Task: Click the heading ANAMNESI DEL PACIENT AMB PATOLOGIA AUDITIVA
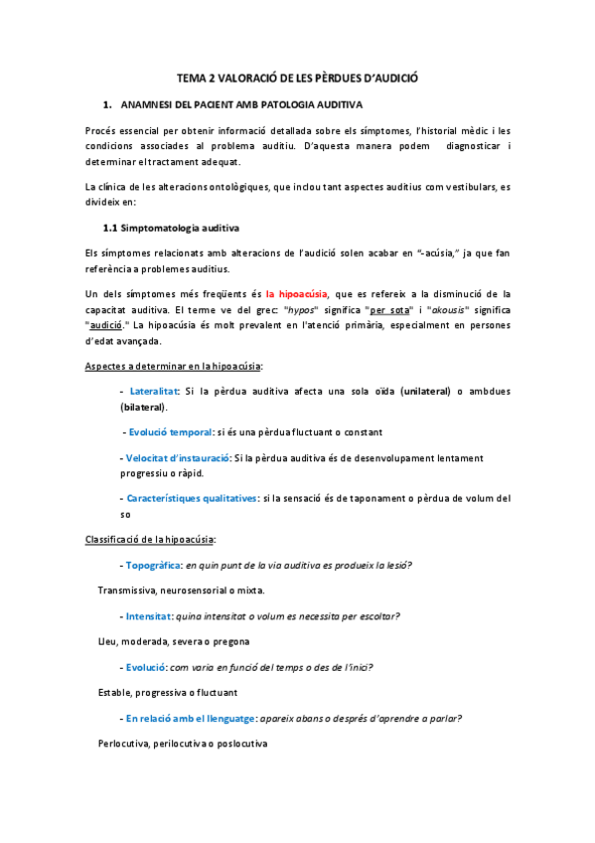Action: [x=241, y=103]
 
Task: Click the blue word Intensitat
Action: [x=149, y=616]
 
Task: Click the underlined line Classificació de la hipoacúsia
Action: [x=150, y=540]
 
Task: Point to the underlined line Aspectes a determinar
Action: [x=174, y=367]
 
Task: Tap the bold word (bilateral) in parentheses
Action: [x=143, y=408]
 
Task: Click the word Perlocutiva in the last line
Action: [x=123, y=744]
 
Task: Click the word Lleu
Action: [x=107, y=642]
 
